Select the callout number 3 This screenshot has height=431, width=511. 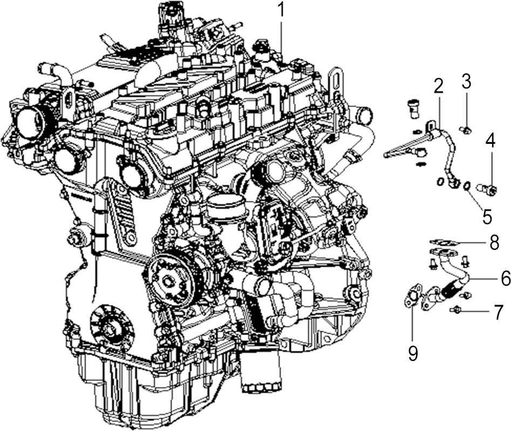(x=466, y=82)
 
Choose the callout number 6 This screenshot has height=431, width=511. (x=506, y=279)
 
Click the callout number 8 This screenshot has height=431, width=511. (x=494, y=242)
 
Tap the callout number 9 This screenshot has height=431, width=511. (x=413, y=353)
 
